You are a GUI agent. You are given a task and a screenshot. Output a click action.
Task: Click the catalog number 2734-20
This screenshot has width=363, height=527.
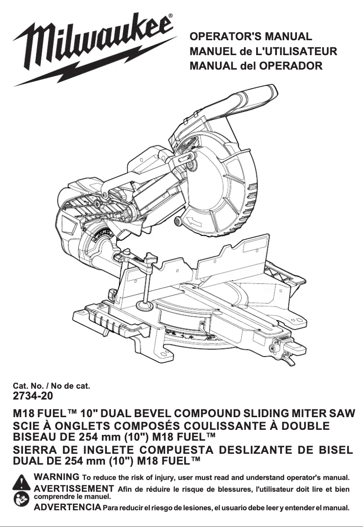click(33, 396)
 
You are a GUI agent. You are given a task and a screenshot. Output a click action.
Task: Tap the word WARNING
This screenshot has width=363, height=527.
click(57, 477)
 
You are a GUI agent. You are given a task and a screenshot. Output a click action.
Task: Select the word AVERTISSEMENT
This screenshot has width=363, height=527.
click(74, 488)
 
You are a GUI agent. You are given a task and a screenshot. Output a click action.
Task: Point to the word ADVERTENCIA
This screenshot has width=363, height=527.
click(68, 507)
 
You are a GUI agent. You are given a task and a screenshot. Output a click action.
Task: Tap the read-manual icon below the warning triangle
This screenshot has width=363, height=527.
click(21, 499)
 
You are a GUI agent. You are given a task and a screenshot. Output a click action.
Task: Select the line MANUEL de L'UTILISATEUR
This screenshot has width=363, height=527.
click(263, 51)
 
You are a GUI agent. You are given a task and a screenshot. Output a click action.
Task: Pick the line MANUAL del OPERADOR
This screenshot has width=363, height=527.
click(256, 66)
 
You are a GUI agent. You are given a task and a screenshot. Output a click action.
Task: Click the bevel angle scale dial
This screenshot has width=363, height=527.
click(102, 235)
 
